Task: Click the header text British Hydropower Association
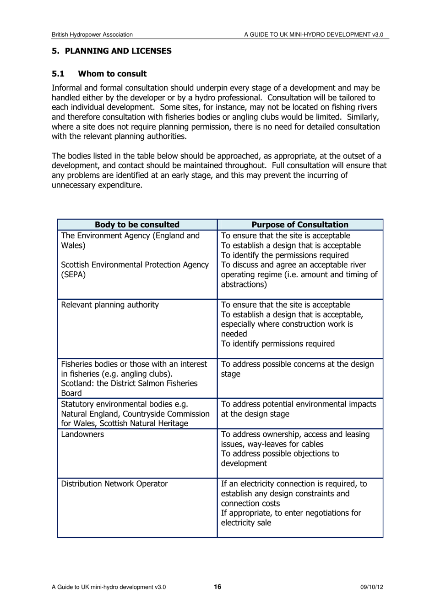coord(92,34)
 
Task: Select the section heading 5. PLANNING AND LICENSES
coord(112,51)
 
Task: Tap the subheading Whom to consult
coord(112,74)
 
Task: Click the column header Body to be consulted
coord(137,225)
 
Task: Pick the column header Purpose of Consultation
coord(300,225)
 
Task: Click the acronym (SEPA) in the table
coord(73,275)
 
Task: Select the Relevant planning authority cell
coord(110,305)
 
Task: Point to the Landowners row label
coord(82,434)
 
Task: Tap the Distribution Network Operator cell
coord(114,484)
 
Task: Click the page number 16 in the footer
coord(217,587)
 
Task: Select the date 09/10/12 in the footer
coord(371,587)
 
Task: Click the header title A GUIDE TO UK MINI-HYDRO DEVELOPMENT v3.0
coord(314,34)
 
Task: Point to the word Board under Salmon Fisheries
coord(71,393)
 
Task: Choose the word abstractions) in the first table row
coord(244,285)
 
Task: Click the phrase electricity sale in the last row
coord(246,523)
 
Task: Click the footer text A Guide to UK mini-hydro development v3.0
coord(109,587)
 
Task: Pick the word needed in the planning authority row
coord(234,334)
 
